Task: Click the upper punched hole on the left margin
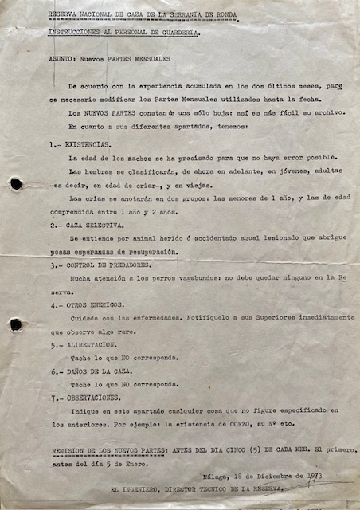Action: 16,184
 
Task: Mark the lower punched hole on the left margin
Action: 16,324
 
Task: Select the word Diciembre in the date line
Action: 278,476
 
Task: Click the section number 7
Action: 54,397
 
